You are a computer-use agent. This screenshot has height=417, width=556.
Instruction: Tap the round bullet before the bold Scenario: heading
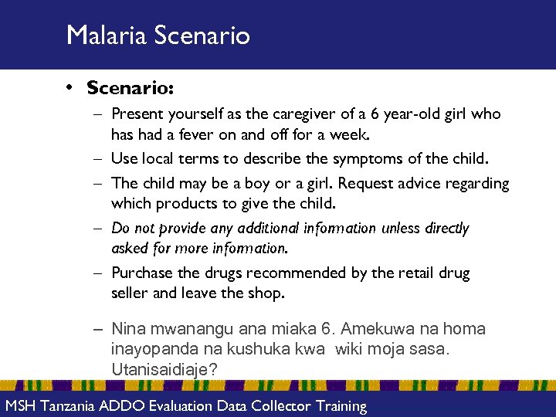[70, 88]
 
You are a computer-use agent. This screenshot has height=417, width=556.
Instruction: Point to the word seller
[130, 293]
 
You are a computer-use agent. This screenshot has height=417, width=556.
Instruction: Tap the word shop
[267, 293]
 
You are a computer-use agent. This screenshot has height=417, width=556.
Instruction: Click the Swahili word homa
[465, 330]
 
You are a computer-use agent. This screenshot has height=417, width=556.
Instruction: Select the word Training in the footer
[337, 406]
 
